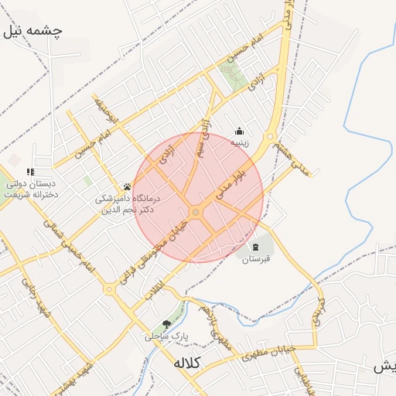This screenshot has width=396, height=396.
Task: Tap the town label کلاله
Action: click(187, 363)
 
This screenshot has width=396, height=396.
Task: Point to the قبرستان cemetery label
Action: click(256, 259)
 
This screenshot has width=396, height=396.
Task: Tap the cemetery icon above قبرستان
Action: click(256, 246)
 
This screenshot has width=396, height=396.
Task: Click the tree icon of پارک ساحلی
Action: click(166, 325)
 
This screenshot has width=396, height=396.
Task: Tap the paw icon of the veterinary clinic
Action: click(127, 186)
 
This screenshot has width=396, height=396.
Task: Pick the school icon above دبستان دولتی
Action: click(30, 172)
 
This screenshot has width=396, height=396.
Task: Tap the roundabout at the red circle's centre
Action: click(196, 212)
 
